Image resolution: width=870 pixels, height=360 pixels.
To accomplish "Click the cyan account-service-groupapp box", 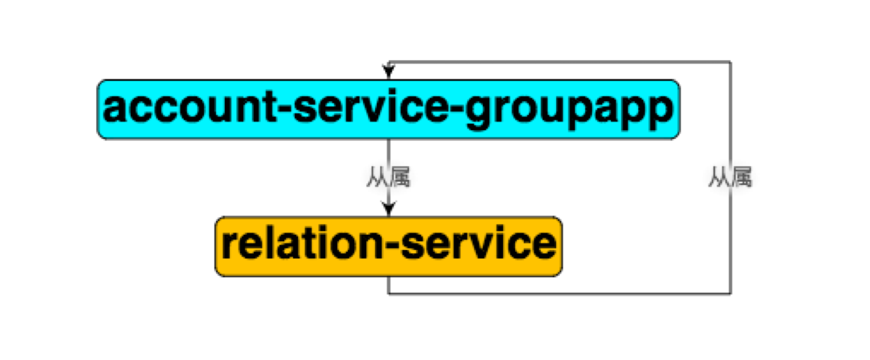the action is [x=388, y=109].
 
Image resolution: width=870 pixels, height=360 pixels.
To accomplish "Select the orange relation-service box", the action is [x=388, y=246].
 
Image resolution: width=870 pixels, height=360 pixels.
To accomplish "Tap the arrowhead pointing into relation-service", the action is [x=388, y=208].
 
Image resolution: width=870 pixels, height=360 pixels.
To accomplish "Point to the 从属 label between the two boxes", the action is [x=388, y=177].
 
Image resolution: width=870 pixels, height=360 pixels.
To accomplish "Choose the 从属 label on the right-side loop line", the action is [x=730, y=177].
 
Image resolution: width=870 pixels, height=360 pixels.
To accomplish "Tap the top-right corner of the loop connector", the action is [x=731, y=61].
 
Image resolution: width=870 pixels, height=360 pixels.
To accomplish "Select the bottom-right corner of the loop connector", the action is [x=731, y=293].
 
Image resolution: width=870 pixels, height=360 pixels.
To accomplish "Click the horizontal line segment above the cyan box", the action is [x=559, y=61].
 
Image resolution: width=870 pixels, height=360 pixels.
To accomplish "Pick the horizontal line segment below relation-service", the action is [x=559, y=293].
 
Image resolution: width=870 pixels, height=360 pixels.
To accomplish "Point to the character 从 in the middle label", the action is [x=377, y=177].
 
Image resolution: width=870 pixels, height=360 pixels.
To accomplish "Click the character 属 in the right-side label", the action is [x=741, y=177].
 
